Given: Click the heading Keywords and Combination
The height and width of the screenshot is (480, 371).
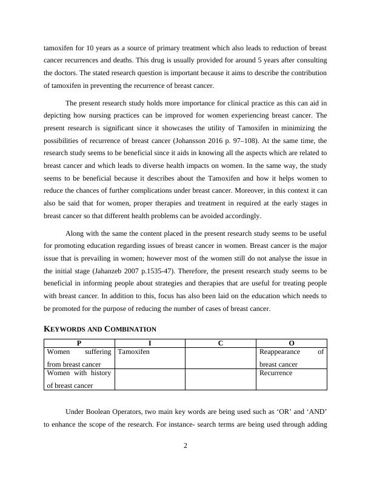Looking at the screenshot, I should point(100,329).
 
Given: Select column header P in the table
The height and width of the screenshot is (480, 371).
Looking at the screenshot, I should point(79,343).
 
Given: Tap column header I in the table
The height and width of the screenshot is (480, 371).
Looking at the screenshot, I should point(150,343).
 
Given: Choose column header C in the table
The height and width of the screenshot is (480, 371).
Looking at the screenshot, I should point(221,343).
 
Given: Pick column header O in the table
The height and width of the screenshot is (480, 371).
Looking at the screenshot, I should point(292,343).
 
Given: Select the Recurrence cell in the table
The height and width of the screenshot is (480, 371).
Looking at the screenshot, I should point(276,373).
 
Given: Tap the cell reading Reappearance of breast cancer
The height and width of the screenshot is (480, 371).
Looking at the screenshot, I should point(292,358).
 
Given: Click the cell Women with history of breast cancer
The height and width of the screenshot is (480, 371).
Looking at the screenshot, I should point(79,379).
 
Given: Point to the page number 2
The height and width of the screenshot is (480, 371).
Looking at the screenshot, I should point(185,447).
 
